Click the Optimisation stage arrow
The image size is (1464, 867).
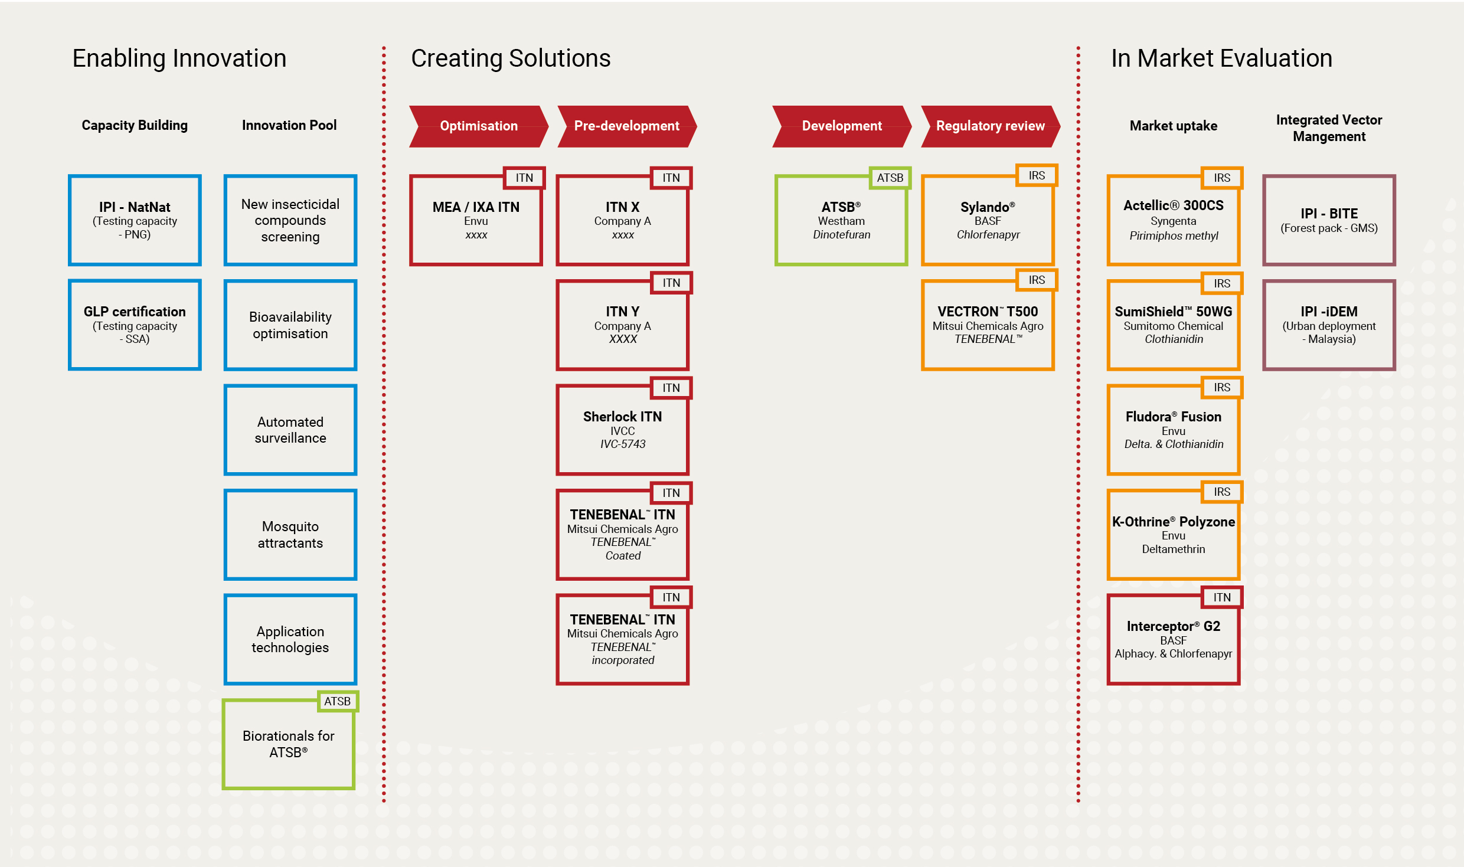click(x=479, y=126)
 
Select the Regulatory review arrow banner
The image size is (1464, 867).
click(x=991, y=126)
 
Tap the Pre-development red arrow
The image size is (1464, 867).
click(x=627, y=126)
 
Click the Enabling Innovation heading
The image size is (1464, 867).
click(x=179, y=58)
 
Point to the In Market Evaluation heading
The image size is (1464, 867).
click(x=1221, y=58)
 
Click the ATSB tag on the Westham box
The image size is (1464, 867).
click(x=890, y=178)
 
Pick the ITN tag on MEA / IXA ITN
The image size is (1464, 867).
click(x=524, y=178)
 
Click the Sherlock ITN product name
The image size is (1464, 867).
click(x=623, y=417)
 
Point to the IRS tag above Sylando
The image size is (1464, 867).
click(x=1037, y=175)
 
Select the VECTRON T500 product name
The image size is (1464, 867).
click(x=988, y=312)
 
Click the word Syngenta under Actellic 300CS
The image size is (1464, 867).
click(x=1174, y=221)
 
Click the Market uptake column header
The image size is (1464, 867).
click(x=1174, y=126)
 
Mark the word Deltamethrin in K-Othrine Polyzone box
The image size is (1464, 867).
click(x=1174, y=549)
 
